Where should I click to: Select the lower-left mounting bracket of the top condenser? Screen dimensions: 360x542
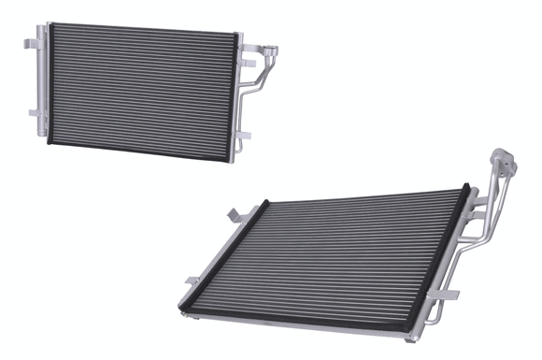(x=34, y=113)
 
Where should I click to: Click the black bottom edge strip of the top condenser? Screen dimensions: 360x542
(x=140, y=151)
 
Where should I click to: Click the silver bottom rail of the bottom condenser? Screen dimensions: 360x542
(x=308, y=323)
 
